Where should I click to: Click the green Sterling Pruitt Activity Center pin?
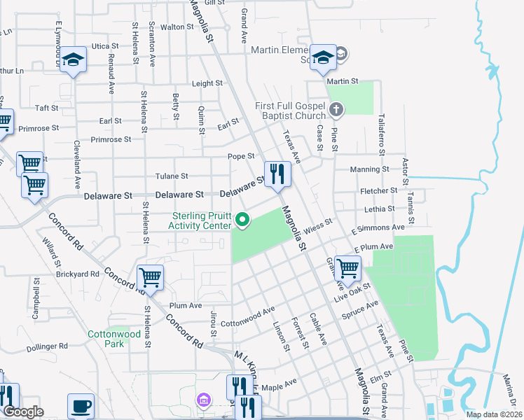[x=243, y=220]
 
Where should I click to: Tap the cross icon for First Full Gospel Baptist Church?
[x=336, y=109]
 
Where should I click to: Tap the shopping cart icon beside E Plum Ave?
[x=347, y=268]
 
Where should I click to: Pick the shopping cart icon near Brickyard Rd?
[x=150, y=278]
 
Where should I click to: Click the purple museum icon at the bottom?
[x=204, y=400]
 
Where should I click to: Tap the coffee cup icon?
[x=81, y=406]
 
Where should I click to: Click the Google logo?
[x=23, y=412]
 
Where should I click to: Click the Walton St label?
[x=177, y=27]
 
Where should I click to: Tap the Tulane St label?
[x=172, y=176]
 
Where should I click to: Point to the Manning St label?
[x=370, y=169]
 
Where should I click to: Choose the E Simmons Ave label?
[x=378, y=228]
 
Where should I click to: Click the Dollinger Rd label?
[x=43, y=346]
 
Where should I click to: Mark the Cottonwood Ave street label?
[x=247, y=317]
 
